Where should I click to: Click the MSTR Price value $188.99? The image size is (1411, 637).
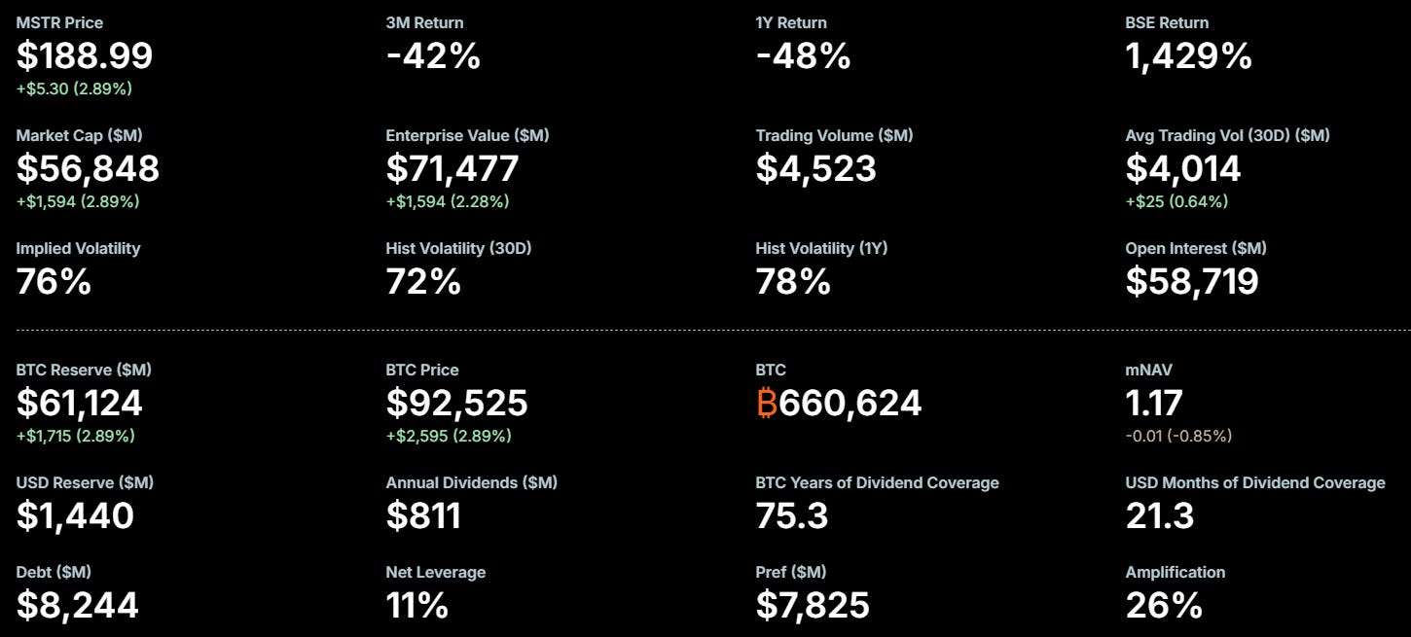click(x=85, y=55)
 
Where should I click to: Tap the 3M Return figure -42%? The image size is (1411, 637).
click(x=433, y=55)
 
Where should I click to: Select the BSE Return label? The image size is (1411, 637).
click(x=1167, y=22)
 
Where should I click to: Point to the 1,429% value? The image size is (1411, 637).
click(x=1188, y=55)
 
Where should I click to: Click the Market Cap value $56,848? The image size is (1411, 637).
click(x=88, y=168)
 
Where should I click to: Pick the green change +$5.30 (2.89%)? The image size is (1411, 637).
click(x=74, y=88)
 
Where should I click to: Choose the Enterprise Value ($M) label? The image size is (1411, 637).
click(x=467, y=135)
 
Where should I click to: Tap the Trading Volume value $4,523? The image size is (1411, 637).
click(x=815, y=168)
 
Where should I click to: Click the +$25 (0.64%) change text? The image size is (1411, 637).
click(x=1176, y=201)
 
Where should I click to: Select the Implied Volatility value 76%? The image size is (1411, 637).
click(x=54, y=281)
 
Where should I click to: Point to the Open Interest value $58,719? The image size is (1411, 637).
click(x=1192, y=281)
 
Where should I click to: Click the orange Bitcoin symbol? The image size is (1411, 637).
click(x=766, y=403)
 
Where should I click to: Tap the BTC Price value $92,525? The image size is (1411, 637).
click(x=456, y=403)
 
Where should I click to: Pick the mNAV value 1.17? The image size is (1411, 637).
click(x=1154, y=403)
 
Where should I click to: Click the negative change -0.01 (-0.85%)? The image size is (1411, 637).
click(x=1178, y=436)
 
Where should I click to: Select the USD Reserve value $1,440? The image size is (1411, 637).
click(x=75, y=515)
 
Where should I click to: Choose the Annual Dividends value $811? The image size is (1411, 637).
click(x=423, y=515)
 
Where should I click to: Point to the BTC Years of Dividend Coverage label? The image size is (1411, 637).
click(x=877, y=482)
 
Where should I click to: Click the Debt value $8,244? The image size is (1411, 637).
click(x=77, y=605)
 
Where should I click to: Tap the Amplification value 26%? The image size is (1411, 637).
click(x=1164, y=605)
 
